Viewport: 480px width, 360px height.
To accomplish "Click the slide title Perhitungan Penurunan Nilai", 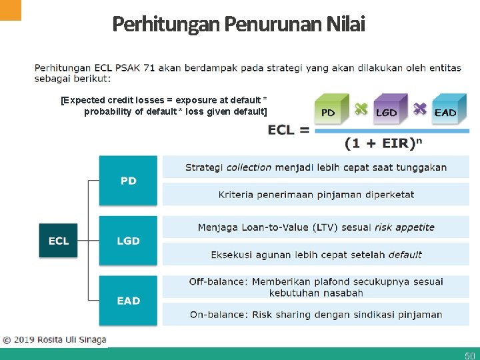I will click(x=239, y=24).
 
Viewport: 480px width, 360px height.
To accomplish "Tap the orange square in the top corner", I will click(x=11, y=9).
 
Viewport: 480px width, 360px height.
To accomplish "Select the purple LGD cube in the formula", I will click(x=386, y=109).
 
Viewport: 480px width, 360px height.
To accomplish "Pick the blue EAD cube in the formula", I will click(x=444, y=109).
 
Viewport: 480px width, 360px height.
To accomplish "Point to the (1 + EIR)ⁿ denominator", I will click(x=384, y=143).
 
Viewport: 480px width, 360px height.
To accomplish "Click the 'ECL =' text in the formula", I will click(x=289, y=129).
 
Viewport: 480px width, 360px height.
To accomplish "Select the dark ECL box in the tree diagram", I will click(x=59, y=241).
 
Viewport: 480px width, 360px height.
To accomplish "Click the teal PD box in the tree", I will click(x=128, y=181).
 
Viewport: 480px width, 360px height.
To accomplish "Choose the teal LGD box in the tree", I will click(x=128, y=241).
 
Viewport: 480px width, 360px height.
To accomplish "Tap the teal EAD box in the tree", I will click(x=128, y=301).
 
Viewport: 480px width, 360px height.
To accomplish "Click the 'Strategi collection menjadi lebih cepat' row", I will click(x=316, y=167).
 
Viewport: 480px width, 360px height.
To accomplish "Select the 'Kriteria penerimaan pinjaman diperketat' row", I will click(x=316, y=195).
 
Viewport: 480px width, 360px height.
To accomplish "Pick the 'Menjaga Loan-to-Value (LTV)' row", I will click(x=316, y=227).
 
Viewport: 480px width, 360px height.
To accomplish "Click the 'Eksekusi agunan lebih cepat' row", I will click(x=316, y=255).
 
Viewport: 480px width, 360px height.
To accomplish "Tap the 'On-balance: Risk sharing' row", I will click(x=316, y=315).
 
